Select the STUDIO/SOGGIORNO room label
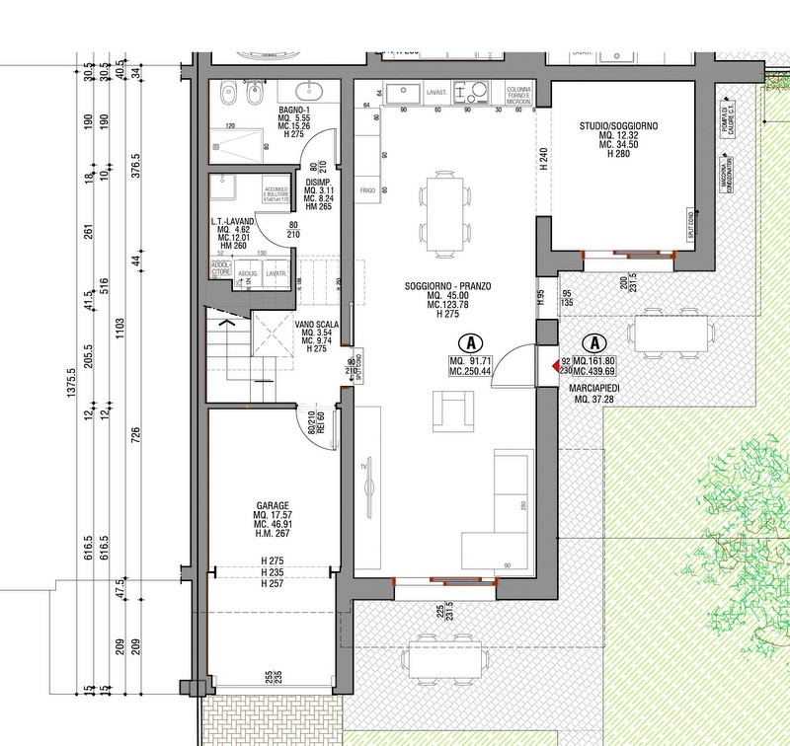click(618, 127)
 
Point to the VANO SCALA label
click(317, 324)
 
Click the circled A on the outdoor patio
click(593, 342)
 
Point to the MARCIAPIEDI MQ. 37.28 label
click(593, 394)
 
